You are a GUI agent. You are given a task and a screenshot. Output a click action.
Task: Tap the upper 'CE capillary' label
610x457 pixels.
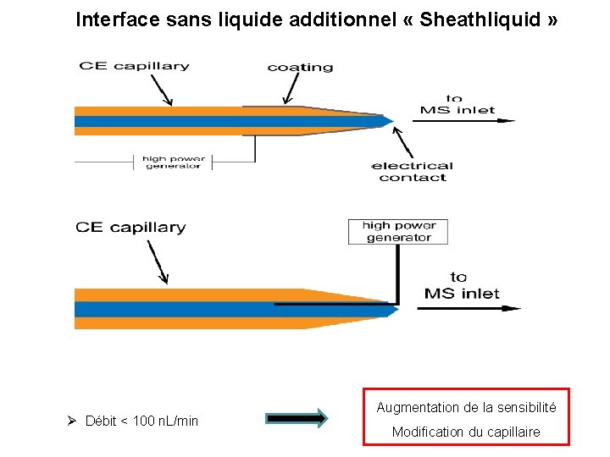pyautogui.click(x=134, y=66)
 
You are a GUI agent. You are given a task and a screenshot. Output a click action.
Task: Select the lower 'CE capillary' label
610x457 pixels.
pyautogui.click(x=130, y=227)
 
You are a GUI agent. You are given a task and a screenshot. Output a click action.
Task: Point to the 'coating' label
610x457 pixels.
pyautogui.click(x=300, y=67)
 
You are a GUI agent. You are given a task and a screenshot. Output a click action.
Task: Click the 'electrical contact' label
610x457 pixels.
pyautogui.click(x=413, y=172)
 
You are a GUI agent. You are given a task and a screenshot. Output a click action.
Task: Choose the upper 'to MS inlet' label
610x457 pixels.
pyautogui.click(x=457, y=104)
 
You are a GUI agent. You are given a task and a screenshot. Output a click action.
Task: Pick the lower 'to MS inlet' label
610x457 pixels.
pyautogui.click(x=461, y=285)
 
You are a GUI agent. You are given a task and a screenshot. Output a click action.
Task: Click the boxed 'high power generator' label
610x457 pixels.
pyautogui.click(x=398, y=232)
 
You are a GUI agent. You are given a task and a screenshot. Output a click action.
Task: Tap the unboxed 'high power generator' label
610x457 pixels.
pyautogui.click(x=172, y=162)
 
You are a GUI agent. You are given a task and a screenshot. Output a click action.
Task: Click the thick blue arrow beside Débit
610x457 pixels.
pyautogui.click(x=296, y=417)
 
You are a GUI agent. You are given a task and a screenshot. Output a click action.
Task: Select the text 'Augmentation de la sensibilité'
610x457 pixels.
pyautogui.click(x=466, y=408)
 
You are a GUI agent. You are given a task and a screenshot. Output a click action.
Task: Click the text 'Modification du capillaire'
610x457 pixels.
pyautogui.click(x=466, y=432)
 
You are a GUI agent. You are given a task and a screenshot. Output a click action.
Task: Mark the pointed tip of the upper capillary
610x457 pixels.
pyautogui.click(x=390, y=120)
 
